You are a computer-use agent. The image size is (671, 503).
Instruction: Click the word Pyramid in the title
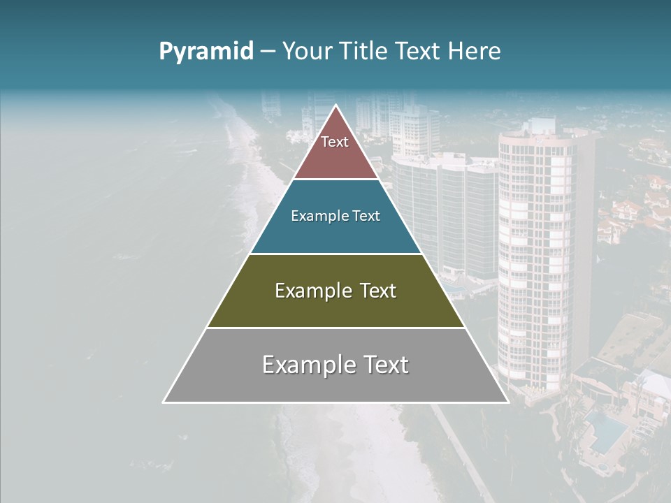206,51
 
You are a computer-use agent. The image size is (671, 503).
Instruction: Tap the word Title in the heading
363,51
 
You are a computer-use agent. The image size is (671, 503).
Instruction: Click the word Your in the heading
305,51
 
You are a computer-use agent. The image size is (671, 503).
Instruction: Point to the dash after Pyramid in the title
268,52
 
